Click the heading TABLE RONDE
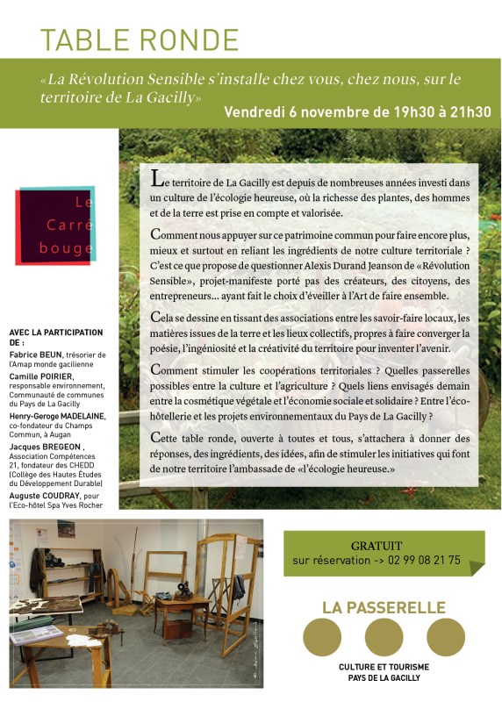(x=140, y=39)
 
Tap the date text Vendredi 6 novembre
(x=295, y=112)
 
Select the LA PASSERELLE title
(x=384, y=607)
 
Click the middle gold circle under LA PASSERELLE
(x=384, y=638)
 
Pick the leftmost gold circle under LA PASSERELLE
(x=321, y=638)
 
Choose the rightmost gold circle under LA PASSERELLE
(x=446, y=638)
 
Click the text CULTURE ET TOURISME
(x=384, y=668)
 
